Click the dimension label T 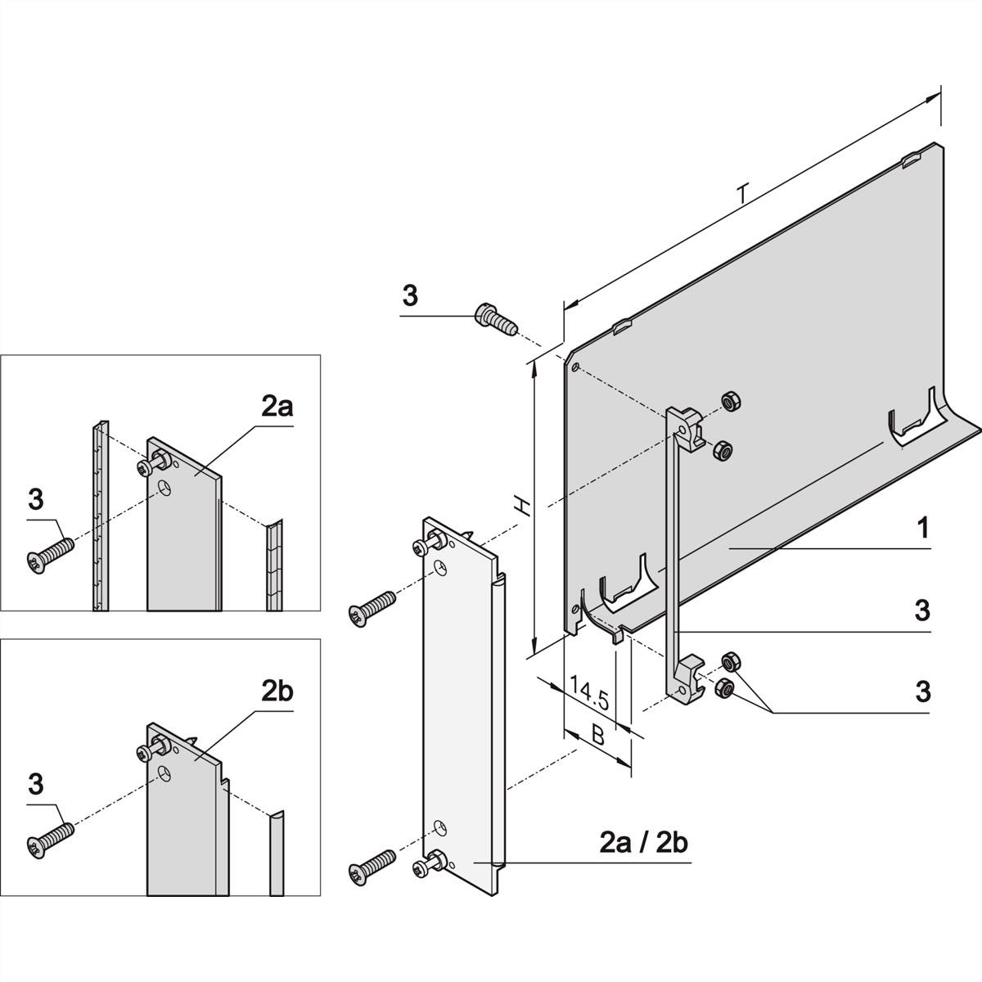click(742, 194)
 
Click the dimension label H click(520, 507)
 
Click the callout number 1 click(922, 529)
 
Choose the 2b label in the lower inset click(277, 691)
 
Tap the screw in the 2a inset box click(51, 553)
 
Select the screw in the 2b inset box click(51, 836)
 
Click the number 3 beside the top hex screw click(410, 296)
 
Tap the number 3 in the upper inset click(35, 498)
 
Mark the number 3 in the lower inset click(35, 784)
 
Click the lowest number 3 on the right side click(923, 691)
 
